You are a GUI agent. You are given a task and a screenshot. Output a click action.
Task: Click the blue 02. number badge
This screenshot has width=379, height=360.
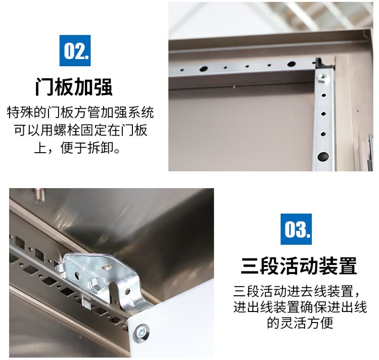pos(75,50)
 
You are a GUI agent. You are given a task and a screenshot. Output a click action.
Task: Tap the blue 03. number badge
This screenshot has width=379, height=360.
pos(296,229)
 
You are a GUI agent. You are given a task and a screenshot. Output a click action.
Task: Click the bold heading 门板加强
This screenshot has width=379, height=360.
pos(74,87)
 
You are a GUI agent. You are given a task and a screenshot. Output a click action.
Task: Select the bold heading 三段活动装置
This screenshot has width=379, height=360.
pos(299,265)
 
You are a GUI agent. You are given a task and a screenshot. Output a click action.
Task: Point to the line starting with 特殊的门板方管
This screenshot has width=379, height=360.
pos(80,112)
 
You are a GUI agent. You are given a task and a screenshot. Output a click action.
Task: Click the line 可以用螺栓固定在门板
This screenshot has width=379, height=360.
pos(80,130)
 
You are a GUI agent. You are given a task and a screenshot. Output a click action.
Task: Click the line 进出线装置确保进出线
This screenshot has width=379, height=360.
pos(300,307)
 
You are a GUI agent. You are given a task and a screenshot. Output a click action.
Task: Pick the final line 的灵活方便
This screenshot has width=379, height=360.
pos(300,323)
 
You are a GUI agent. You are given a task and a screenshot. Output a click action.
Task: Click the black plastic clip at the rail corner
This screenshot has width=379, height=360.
pos(321,63)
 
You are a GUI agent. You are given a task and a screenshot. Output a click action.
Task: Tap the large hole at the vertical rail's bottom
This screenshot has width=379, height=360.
pos(323,156)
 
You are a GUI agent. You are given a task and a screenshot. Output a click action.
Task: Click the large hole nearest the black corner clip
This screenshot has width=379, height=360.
pos(291,64)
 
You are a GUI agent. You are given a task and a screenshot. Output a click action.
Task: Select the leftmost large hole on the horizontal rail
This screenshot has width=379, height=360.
pos(203,69)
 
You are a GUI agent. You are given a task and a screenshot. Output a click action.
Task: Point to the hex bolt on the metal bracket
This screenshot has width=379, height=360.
pos(96,284)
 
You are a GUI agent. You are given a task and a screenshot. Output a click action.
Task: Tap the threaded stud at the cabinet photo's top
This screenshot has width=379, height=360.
pos(39,195)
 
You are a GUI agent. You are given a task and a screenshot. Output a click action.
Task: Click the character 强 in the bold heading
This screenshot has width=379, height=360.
pos(103,87)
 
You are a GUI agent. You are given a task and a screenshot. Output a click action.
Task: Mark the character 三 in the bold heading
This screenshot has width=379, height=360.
pos(250,265)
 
